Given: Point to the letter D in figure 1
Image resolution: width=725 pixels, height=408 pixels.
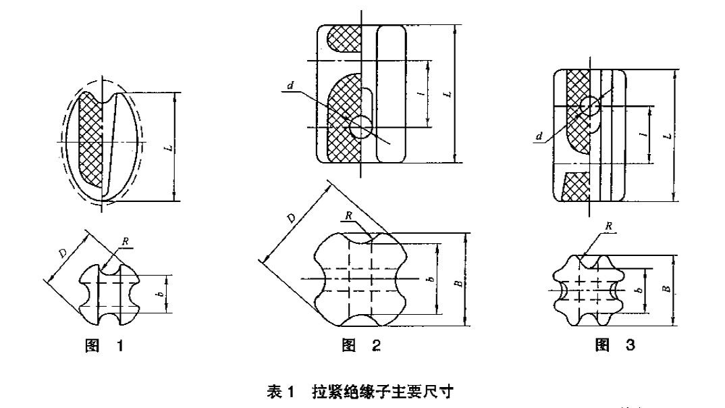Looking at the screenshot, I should click(x=63, y=251).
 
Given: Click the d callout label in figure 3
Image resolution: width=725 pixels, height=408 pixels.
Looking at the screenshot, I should click(x=538, y=136).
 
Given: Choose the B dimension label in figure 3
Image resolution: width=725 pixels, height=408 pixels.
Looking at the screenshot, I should click(x=667, y=288).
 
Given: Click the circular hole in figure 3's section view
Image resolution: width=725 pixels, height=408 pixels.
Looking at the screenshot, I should click(x=590, y=105).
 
